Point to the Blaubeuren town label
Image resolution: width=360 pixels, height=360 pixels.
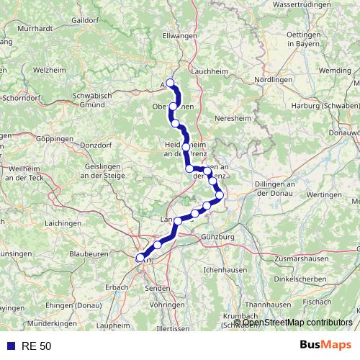[x=89, y=253]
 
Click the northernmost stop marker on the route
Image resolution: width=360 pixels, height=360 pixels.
[x=171, y=82]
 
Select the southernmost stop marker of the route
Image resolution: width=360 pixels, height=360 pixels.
[x=140, y=257]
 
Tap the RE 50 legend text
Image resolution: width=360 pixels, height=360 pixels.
[x=36, y=346]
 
